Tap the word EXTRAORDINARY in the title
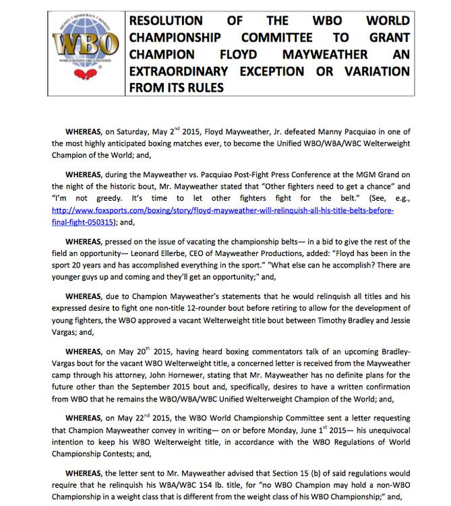coord(189,71)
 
